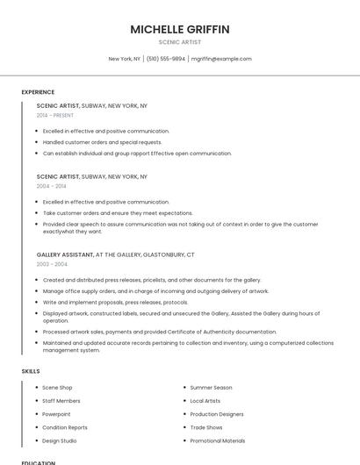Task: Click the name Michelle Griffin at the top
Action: (x=180, y=29)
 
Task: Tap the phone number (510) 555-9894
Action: (x=166, y=59)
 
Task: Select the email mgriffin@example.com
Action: (x=221, y=59)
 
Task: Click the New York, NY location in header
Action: (x=124, y=59)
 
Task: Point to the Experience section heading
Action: (x=38, y=92)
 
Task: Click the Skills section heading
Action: (x=30, y=371)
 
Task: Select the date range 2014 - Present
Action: (x=55, y=115)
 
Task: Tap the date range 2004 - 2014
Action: (x=51, y=186)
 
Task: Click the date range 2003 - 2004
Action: (x=52, y=264)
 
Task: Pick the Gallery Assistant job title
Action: (x=65, y=254)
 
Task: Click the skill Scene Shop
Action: (x=57, y=387)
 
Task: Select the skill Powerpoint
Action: (x=56, y=414)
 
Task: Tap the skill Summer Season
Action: (x=211, y=387)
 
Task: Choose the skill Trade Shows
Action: (x=206, y=427)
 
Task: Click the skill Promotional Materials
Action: (x=218, y=440)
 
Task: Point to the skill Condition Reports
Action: (x=65, y=427)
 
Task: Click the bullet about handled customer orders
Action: (x=102, y=142)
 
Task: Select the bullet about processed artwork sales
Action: (x=159, y=332)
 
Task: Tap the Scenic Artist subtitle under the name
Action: (x=180, y=42)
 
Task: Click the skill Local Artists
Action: (x=205, y=400)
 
